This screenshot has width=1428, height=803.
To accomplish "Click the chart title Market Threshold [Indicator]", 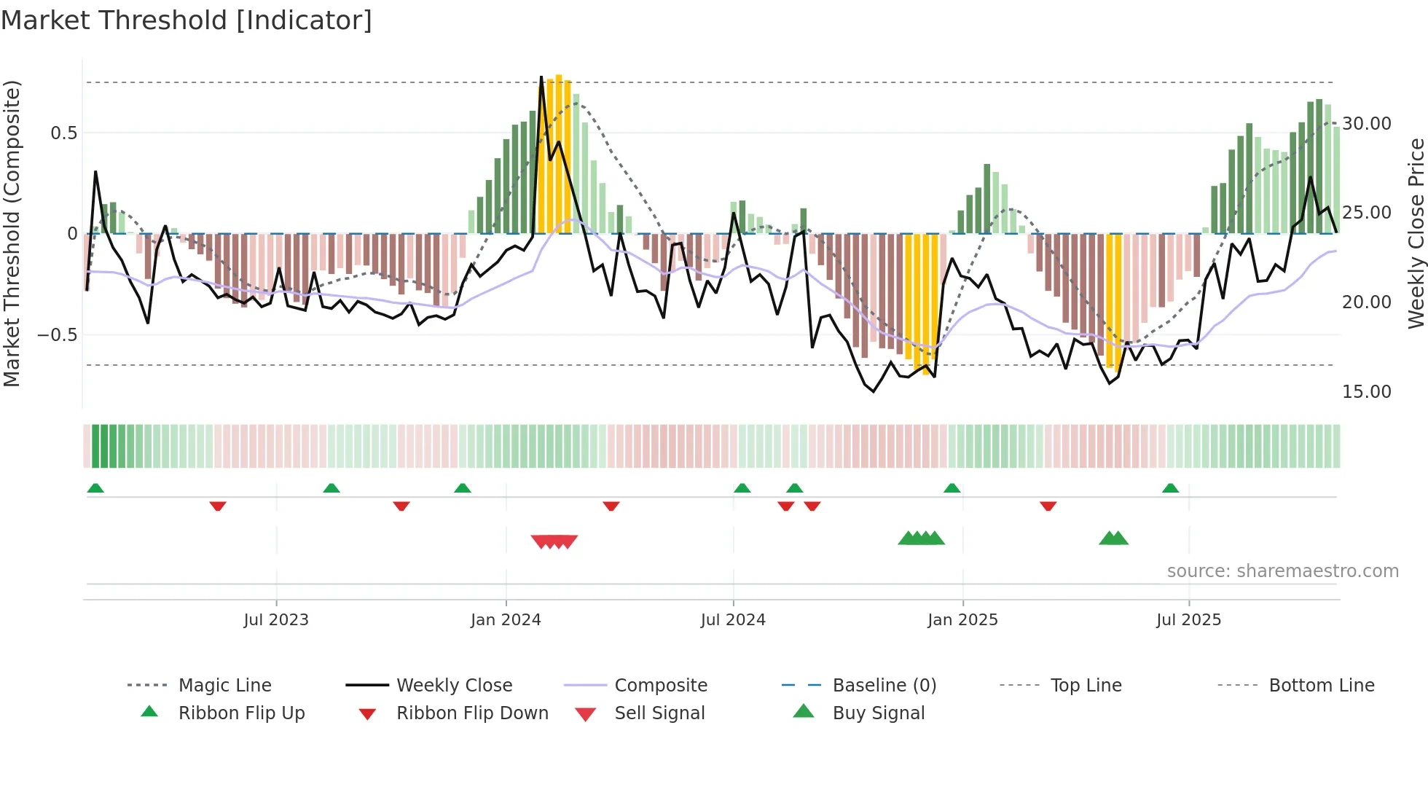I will (187, 20).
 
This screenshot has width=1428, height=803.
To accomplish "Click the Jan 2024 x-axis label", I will (506, 619).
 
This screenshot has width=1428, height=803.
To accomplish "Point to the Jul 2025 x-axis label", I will (1188, 619).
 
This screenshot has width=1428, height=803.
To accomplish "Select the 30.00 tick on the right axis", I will (1366, 123).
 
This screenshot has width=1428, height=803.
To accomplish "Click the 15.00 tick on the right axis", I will (1366, 391).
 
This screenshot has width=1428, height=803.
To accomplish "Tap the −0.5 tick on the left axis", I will (57, 334).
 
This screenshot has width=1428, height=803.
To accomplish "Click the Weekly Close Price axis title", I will (1416, 233).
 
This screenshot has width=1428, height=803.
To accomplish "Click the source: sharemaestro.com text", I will (1282, 571).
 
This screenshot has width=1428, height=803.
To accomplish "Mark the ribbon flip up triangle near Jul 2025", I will (1170, 487).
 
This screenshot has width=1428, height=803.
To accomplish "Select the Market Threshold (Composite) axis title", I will (12, 233).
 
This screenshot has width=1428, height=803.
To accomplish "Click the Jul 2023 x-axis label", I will (276, 619).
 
